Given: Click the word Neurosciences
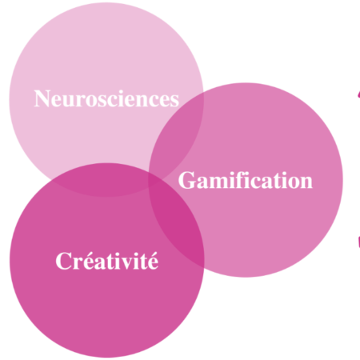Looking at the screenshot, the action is tap(106, 98).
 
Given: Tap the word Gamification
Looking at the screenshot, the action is tap(246, 181).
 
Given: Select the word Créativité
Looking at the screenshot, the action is tap(107, 261).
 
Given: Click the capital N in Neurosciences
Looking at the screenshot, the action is tap(42, 98).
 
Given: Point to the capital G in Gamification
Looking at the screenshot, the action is tap(186, 181).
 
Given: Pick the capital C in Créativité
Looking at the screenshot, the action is tap(63, 261).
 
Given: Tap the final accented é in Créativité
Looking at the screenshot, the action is tap(153, 261).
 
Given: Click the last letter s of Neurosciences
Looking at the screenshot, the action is tap(174, 102).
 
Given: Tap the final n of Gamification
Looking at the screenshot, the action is tap(306, 183).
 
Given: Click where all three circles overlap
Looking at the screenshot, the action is tap(154, 178).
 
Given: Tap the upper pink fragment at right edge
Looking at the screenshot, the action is tap(359, 94).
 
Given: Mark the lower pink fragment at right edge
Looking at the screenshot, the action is tap(358, 242).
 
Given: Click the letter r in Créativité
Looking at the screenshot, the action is tap(78, 263).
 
